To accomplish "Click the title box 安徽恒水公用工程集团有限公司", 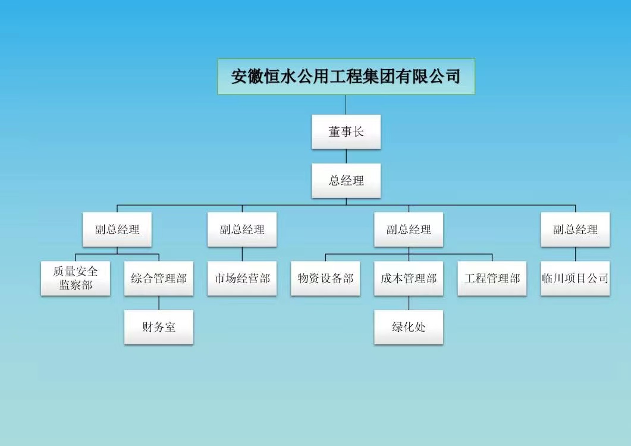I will point(346,77).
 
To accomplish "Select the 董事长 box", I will point(346,132).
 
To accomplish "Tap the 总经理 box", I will point(346,181).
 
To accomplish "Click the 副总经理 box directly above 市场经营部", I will point(242,230).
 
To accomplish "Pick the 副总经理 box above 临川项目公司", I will point(575,230).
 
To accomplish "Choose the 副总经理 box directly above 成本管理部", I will point(409,230).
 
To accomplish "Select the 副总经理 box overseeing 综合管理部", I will point(117,230).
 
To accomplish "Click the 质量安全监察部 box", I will point(76,278).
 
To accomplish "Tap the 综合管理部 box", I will point(159,278).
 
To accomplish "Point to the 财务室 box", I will point(159,327).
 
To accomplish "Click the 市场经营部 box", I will point(242,278).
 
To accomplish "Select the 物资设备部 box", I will point(325,278).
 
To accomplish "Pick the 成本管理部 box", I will point(409,278).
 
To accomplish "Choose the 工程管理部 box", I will point(492,278).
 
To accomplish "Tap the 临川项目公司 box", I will point(575,278).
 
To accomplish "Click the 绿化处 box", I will point(409,327).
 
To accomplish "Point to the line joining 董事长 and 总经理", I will point(346,156).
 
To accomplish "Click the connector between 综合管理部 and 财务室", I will point(159,303).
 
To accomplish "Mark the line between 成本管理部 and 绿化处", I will point(409,303).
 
